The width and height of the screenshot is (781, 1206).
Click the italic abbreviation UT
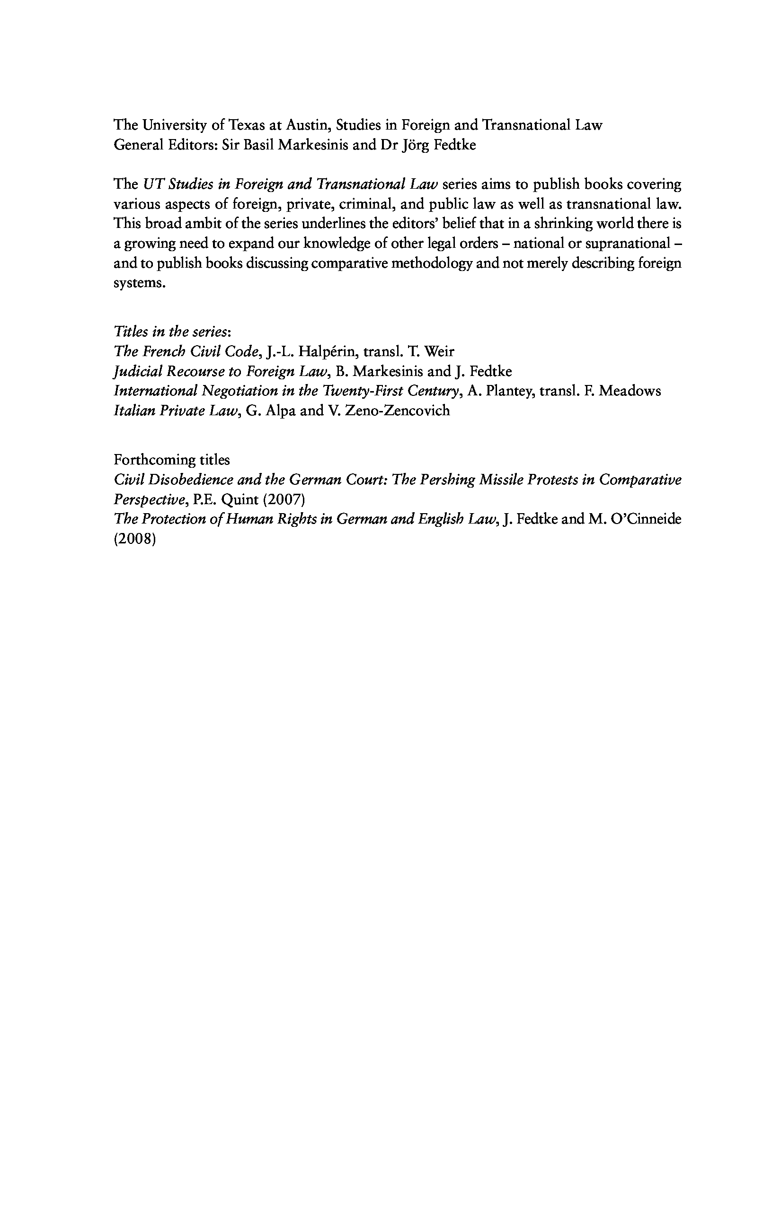151,184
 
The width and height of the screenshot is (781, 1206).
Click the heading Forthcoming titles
171,460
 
